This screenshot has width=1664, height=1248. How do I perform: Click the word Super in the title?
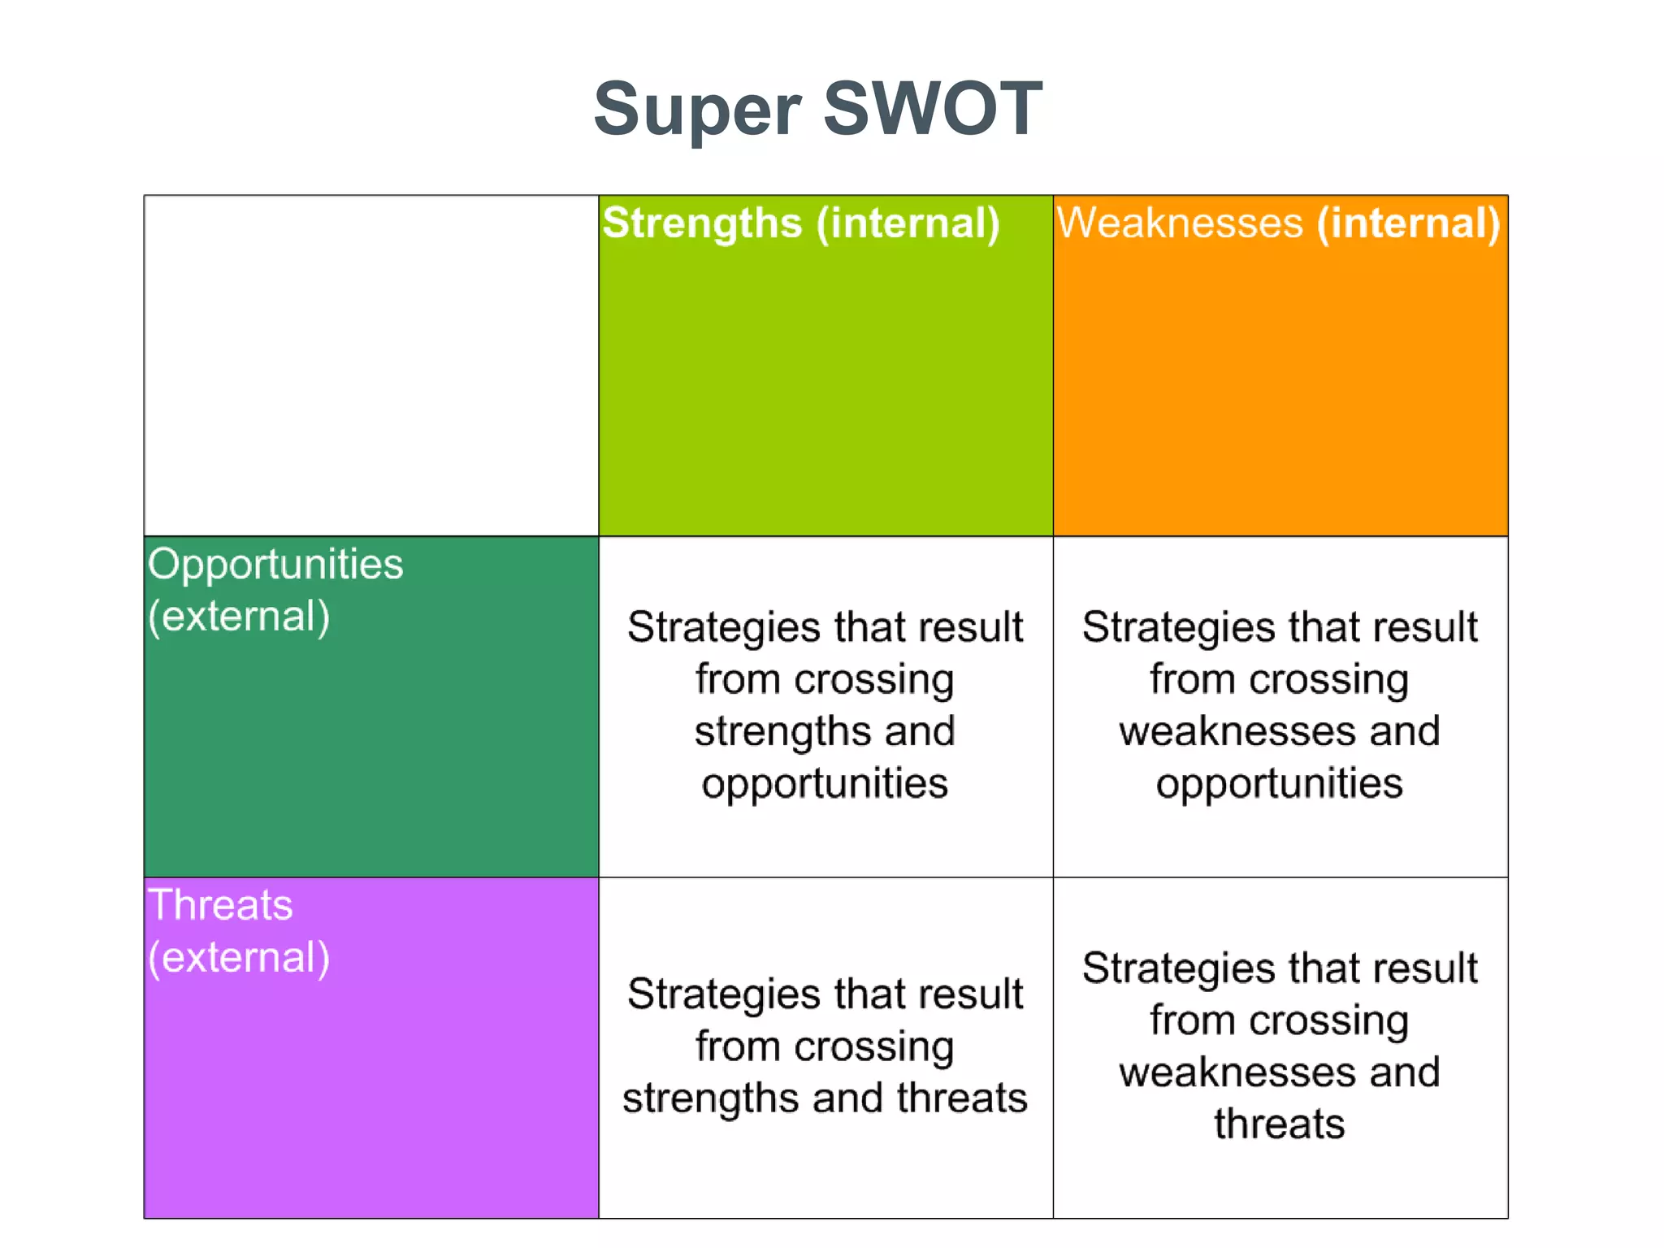click(x=697, y=110)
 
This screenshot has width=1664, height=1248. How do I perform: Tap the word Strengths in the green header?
click(x=702, y=223)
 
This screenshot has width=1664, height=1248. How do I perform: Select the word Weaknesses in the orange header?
click(x=1179, y=223)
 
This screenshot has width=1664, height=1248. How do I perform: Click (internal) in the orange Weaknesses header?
click(x=1408, y=223)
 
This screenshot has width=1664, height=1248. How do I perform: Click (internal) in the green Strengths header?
click(x=908, y=223)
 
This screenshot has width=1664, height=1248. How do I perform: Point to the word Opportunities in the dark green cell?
click(x=275, y=565)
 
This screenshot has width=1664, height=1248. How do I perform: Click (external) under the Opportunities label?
click(x=239, y=616)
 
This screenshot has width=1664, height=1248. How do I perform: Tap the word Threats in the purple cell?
click(x=220, y=905)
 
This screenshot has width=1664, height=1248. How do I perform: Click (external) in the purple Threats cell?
click(x=239, y=957)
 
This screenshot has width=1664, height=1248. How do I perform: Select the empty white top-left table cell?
click(x=370, y=366)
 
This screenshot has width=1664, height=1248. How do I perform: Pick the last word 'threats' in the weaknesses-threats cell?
click(x=1280, y=1124)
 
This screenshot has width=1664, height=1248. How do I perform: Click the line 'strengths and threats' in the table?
click(x=825, y=1098)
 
